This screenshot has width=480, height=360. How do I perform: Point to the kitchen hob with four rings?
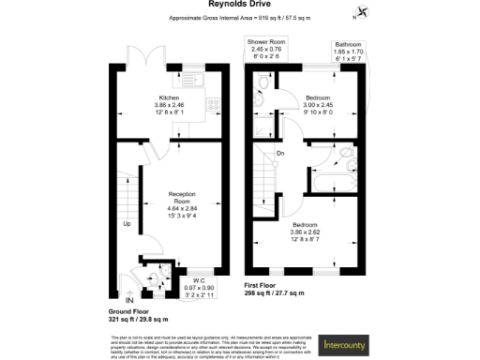pos(212,105)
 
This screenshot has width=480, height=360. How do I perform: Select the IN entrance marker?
pos(117,299)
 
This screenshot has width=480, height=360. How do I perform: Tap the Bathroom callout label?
pos(349,49)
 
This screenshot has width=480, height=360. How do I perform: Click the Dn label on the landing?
pos(279,154)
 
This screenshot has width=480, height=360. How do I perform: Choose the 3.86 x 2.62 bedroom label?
pos(308,231)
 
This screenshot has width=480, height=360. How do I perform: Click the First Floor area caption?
pos(275,289)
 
